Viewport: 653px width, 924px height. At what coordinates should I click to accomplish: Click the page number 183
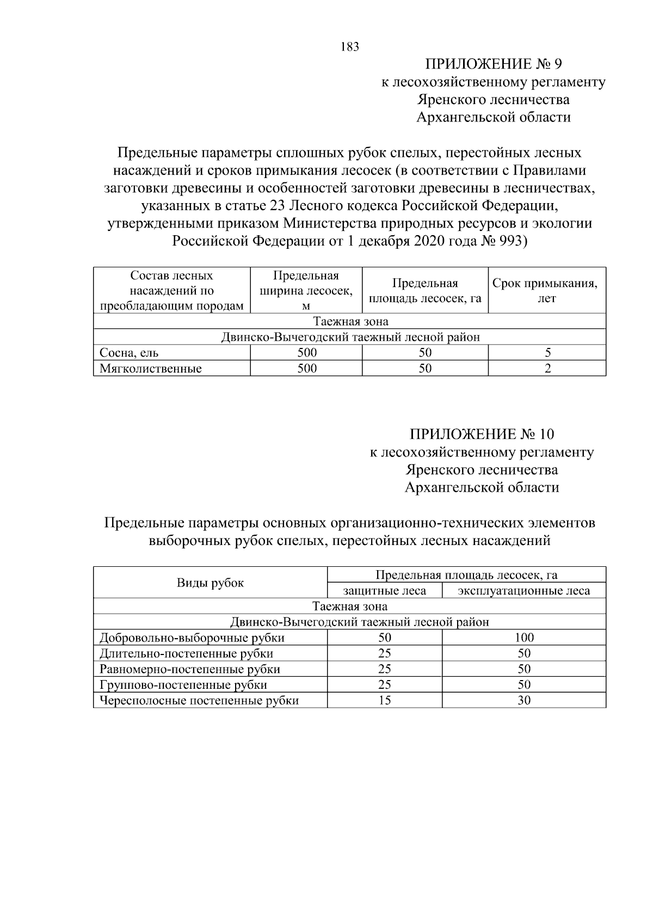pyautogui.click(x=350, y=47)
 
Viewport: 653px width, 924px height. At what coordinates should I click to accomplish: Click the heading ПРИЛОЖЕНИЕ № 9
pyautogui.click(x=493, y=65)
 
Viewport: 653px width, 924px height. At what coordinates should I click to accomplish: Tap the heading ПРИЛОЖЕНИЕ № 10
pyautogui.click(x=482, y=435)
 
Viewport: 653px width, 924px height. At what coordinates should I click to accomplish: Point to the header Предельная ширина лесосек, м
pyautogui.click(x=306, y=291)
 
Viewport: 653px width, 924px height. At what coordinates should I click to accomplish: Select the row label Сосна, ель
pyautogui.click(x=129, y=353)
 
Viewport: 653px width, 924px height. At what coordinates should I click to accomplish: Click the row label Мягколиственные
pyautogui.click(x=150, y=369)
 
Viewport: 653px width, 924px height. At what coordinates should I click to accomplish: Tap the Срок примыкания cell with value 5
pyautogui.click(x=547, y=353)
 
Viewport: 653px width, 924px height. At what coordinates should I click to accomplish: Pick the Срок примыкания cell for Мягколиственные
pyautogui.click(x=547, y=369)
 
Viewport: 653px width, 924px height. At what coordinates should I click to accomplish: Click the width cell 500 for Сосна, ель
pyautogui.click(x=306, y=353)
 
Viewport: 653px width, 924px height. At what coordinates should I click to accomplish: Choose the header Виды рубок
pyautogui.click(x=210, y=583)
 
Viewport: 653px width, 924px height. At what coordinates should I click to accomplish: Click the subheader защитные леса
pyautogui.click(x=384, y=591)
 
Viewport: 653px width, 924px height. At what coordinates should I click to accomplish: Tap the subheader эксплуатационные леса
pyautogui.click(x=523, y=591)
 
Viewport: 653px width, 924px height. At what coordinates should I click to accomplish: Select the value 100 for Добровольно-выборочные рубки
pyautogui.click(x=523, y=638)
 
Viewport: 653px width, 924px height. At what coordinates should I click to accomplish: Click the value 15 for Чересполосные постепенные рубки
pyautogui.click(x=384, y=701)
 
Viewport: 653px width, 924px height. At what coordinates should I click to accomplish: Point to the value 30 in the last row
pyautogui.click(x=523, y=701)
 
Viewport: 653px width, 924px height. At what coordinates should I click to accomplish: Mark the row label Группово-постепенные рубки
pyautogui.click(x=183, y=685)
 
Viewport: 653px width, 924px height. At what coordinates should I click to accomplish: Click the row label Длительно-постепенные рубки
pyautogui.click(x=186, y=653)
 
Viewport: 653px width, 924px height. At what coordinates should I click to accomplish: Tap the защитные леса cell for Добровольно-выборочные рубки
pyautogui.click(x=384, y=638)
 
